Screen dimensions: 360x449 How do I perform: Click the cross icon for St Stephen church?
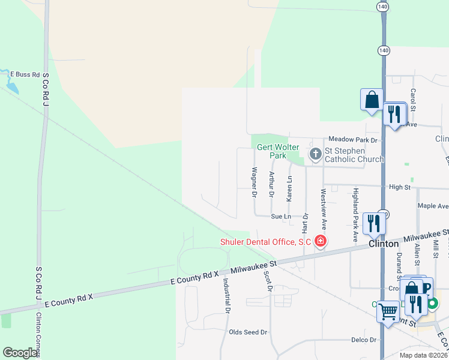(315, 155)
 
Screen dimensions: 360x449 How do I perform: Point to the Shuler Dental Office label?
(264, 242)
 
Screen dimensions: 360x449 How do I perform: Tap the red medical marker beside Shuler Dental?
(321, 241)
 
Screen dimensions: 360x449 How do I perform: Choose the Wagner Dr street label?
(255, 182)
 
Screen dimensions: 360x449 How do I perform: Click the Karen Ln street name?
(289, 188)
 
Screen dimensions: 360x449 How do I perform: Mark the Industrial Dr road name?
(227, 296)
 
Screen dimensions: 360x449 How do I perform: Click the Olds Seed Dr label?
(248, 332)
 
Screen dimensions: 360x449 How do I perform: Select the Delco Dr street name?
(364, 340)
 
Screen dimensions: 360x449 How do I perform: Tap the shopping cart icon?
(388, 311)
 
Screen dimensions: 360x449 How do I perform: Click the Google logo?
(20, 353)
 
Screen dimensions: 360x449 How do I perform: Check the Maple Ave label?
(433, 206)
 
